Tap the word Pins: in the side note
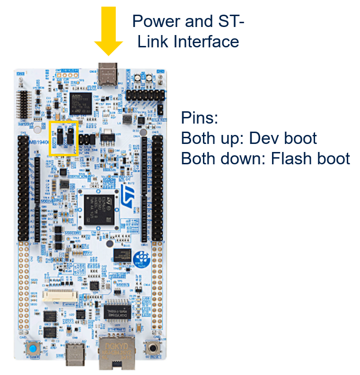tap(199, 118)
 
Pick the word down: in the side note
tap(243, 158)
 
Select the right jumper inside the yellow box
tap(70, 135)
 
